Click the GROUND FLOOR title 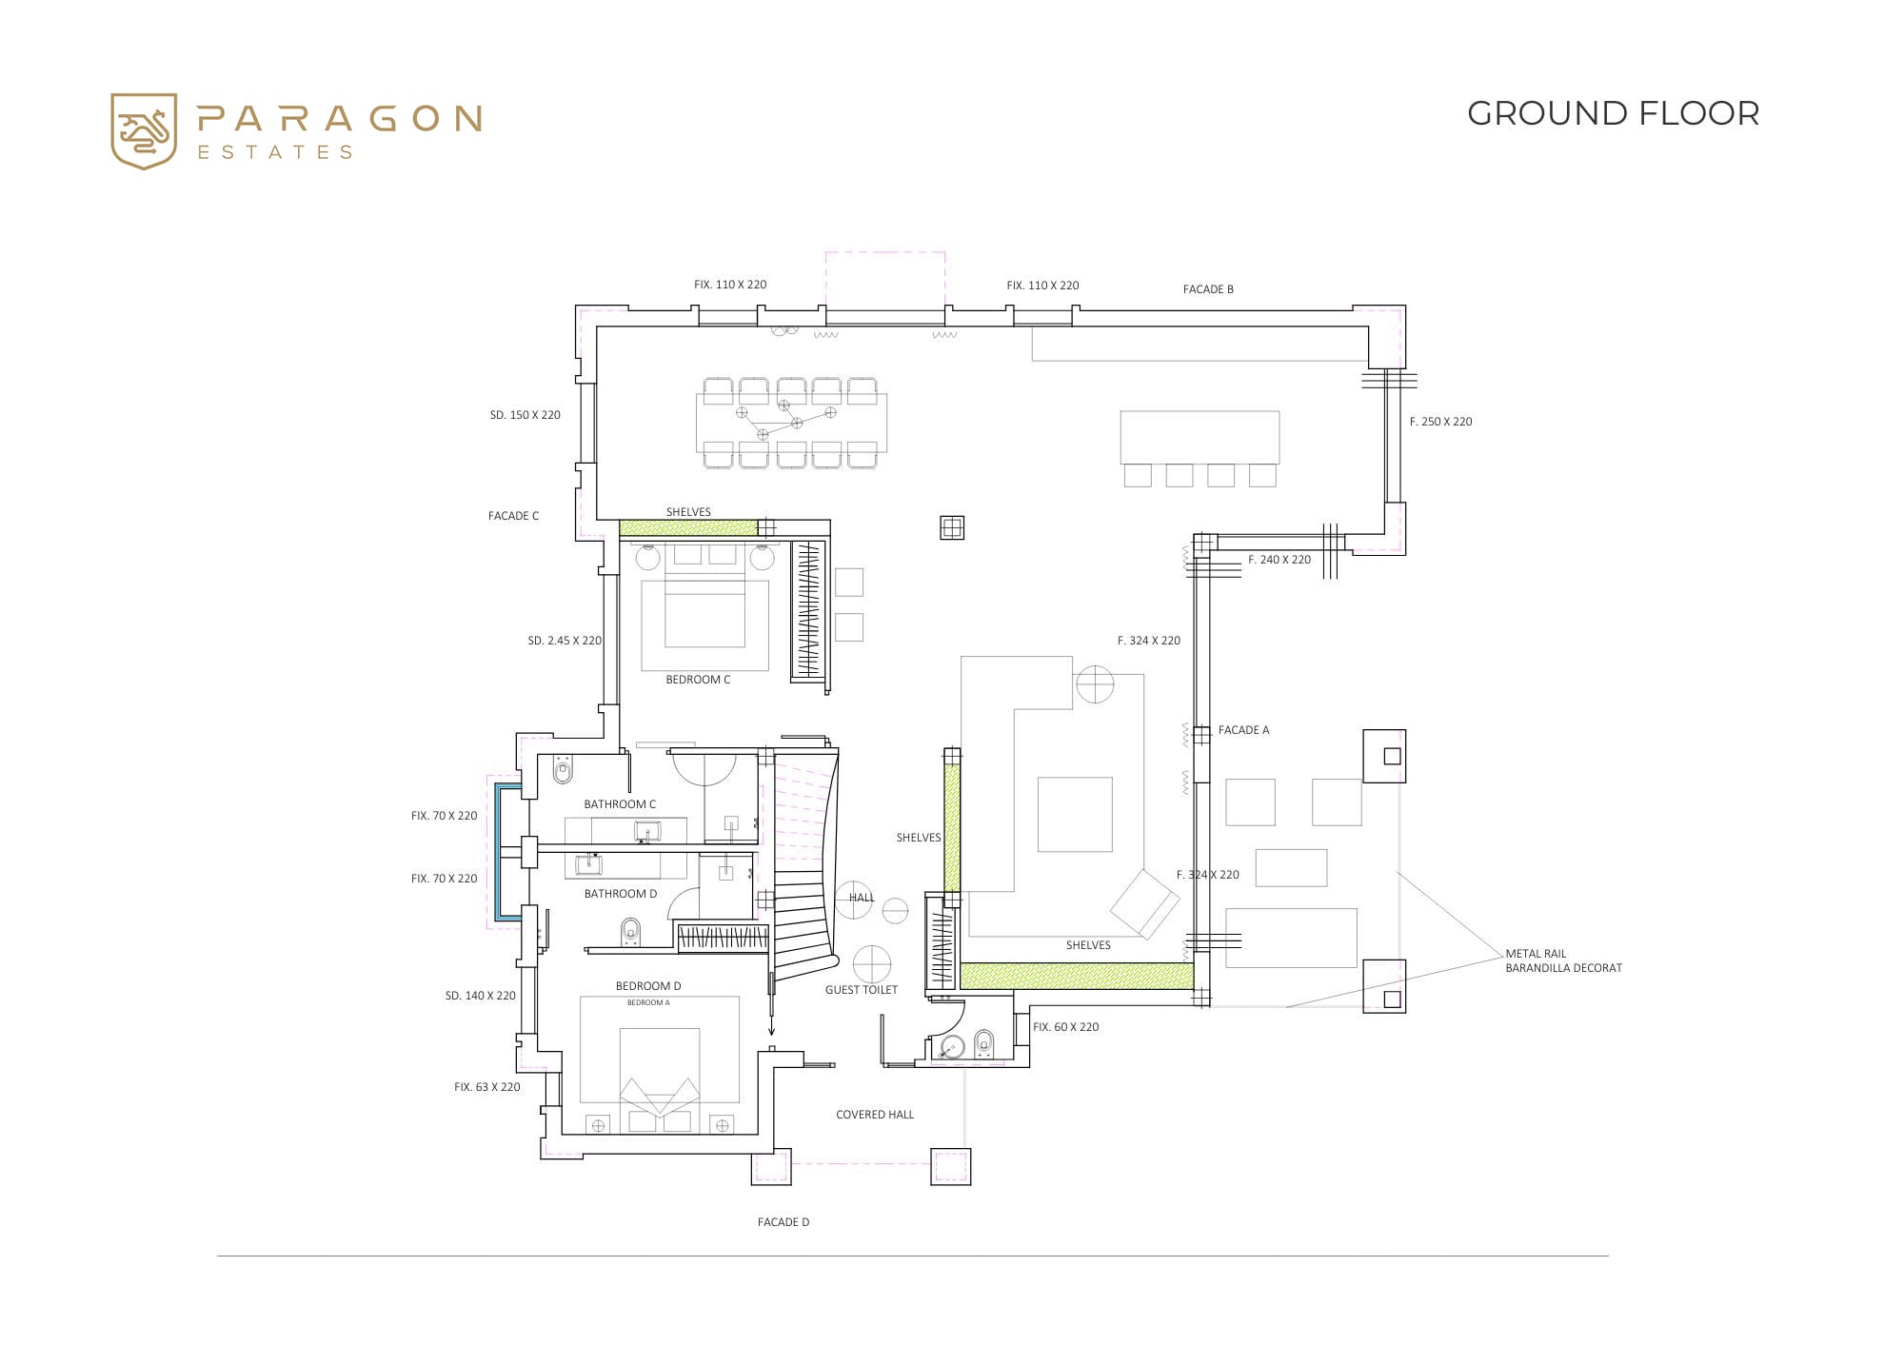click(1613, 113)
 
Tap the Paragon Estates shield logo click(144, 131)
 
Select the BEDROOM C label click(698, 680)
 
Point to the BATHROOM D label click(621, 894)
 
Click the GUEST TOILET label click(862, 990)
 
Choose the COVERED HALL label click(875, 1115)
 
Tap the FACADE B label click(1208, 289)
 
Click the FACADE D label click(783, 1222)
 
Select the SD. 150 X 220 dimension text click(526, 415)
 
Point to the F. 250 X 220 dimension click(1441, 422)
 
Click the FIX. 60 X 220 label click(1066, 1027)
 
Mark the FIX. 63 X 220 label click(487, 1087)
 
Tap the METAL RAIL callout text click(1536, 954)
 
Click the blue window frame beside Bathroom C click(496, 852)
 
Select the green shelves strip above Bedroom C click(688, 527)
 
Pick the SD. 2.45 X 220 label click(565, 641)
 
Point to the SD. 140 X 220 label click(481, 996)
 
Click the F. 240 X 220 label click(1279, 560)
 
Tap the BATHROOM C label click(620, 804)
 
